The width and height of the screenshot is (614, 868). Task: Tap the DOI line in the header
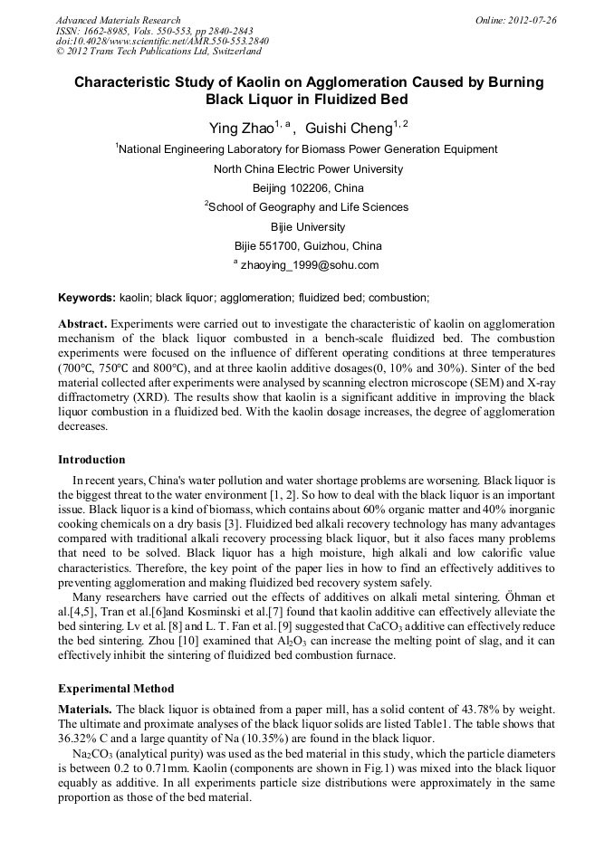149,42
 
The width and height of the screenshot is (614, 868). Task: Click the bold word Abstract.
82,323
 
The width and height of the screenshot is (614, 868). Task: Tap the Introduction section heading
91,459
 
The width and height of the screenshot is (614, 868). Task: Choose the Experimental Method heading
116,689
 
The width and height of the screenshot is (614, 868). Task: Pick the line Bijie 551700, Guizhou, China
308,245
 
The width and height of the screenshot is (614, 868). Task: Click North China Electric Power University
308,169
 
